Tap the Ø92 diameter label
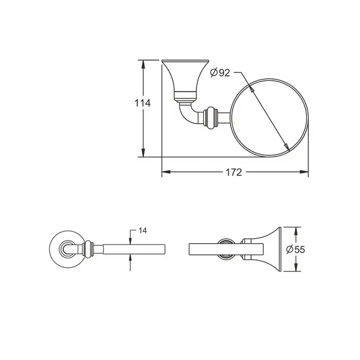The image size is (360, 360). [x=219, y=73]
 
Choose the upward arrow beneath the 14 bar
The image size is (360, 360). [x=131, y=259]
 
